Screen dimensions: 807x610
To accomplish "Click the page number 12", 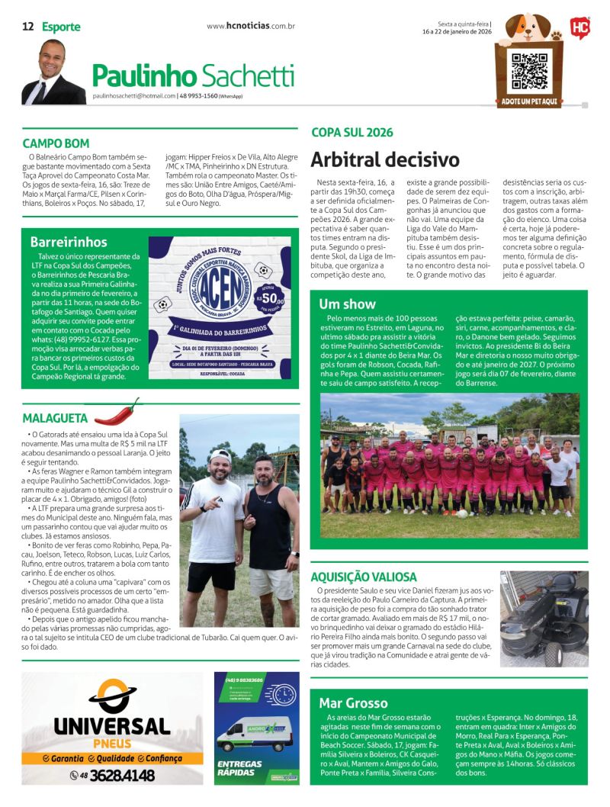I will tap(27, 27).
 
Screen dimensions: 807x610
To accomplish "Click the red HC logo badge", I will tap(579, 29).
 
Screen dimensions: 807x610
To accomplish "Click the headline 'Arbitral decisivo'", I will tap(385, 159).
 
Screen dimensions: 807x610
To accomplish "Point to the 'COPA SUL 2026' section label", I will tap(352, 132).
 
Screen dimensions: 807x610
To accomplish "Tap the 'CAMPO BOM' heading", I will tap(56, 143).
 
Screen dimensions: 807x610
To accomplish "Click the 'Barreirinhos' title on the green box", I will tap(69, 242).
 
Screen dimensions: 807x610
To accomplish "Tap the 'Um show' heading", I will tap(348, 304).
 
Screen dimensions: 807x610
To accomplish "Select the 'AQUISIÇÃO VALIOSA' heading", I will tap(364, 577).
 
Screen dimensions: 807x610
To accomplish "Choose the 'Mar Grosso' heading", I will tap(353, 703).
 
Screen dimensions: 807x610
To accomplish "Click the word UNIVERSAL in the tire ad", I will tap(111, 725).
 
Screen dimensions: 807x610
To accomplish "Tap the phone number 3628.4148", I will tap(122, 776).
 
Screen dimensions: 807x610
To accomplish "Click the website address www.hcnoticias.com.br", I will tap(251, 27).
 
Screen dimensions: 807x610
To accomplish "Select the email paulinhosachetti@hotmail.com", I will tap(133, 96).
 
